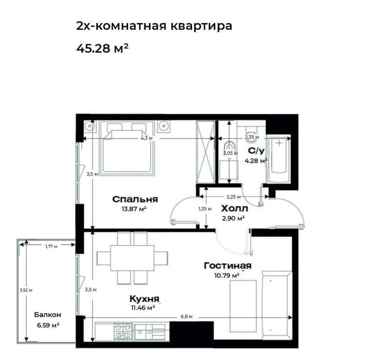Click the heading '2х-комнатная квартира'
(154, 26)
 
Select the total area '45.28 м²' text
(102, 48)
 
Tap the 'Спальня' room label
(135, 199)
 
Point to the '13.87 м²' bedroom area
(134, 209)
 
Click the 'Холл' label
(235, 209)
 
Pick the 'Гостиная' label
(228, 266)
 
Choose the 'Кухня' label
(144, 299)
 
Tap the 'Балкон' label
(48, 315)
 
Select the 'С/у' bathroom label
(256, 151)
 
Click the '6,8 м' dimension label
(187, 317)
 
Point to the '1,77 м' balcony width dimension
(51, 246)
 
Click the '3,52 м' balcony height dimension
(26, 290)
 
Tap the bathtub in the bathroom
(279, 160)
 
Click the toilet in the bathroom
(251, 130)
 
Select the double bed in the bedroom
(127, 148)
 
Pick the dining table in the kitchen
(132, 258)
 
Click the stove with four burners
(123, 332)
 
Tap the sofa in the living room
(277, 305)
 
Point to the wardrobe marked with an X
(205, 152)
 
